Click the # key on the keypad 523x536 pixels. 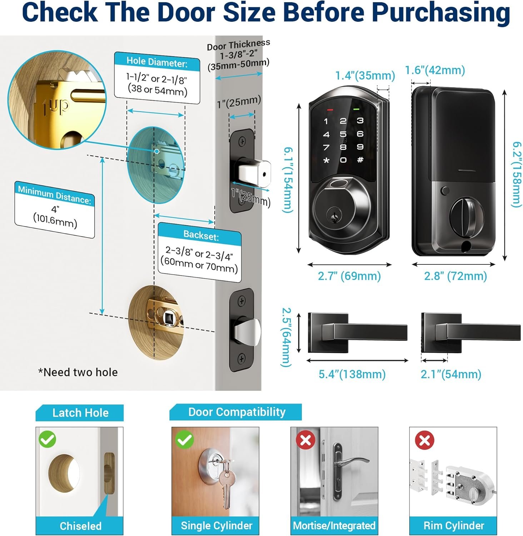360,160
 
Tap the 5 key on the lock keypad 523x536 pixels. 343,134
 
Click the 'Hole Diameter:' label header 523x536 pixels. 157,62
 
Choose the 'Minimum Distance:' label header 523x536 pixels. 55,194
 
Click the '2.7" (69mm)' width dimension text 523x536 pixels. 349,276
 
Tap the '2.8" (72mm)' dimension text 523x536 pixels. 455,276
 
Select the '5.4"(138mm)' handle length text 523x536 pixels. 352,374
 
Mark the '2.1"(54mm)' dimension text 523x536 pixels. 451,374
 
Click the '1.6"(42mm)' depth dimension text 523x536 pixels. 435,70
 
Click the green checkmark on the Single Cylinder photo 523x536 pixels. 184,440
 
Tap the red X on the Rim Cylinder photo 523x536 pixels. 424,440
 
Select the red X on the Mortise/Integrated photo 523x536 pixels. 306,440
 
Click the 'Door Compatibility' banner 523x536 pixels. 236,412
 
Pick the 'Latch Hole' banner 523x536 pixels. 80,413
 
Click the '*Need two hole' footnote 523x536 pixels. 78,372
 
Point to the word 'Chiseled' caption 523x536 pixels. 80,526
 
